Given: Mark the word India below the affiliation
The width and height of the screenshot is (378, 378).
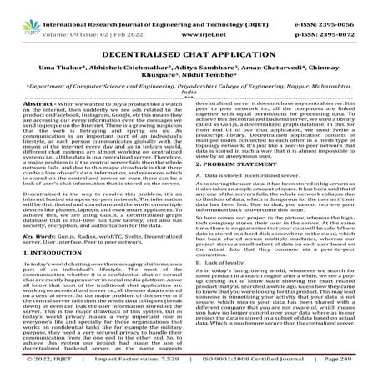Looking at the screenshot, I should pyautogui.click(x=189, y=94).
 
